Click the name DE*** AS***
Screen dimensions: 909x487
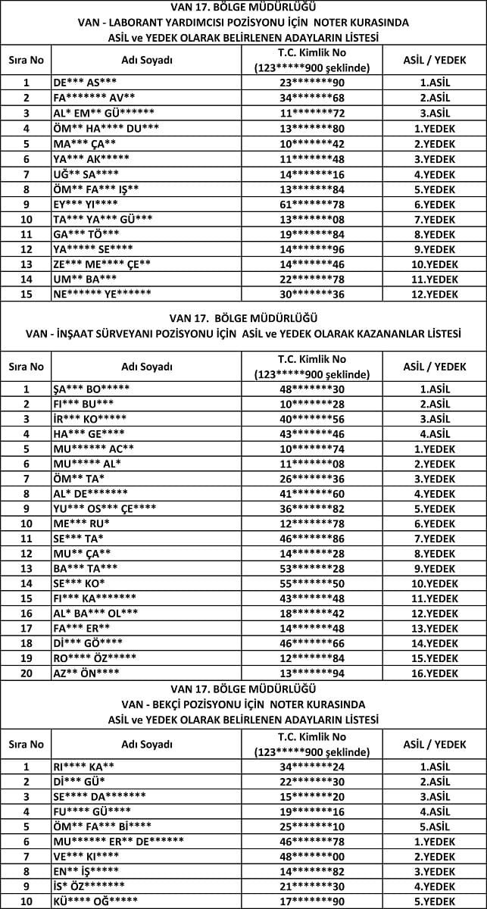coord(85,83)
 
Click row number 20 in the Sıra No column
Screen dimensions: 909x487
coord(27,673)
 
